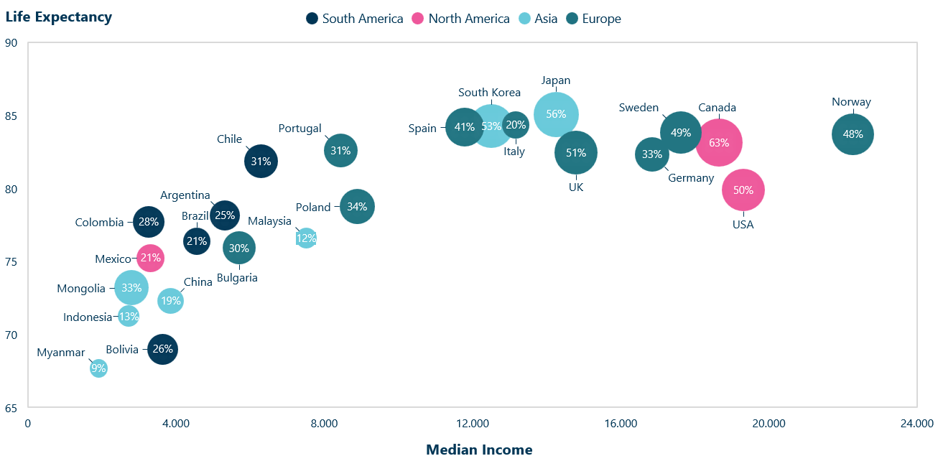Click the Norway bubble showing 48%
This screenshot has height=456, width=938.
coord(853,134)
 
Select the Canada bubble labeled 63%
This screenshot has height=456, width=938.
coord(719,143)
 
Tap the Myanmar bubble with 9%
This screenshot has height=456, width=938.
coord(98,368)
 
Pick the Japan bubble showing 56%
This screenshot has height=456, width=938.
coord(556,114)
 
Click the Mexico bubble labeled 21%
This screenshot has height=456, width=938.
coord(150,258)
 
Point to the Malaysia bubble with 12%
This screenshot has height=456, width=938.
coord(306,238)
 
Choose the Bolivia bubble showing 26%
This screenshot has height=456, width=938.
coord(163,350)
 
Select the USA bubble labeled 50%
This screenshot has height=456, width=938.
coord(743,190)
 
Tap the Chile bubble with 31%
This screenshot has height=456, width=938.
coord(261,162)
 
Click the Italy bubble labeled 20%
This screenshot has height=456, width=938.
coord(516,125)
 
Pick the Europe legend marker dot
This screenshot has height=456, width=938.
coord(573,19)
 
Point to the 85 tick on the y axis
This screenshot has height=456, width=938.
coord(11,116)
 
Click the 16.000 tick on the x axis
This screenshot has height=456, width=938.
coord(621,424)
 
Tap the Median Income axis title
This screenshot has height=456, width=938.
coord(479,450)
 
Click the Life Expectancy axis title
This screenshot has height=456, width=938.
coord(59,17)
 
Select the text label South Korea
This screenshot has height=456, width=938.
coord(490,93)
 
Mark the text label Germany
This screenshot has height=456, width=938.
coord(691,178)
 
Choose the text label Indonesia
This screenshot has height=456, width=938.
coord(88,317)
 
